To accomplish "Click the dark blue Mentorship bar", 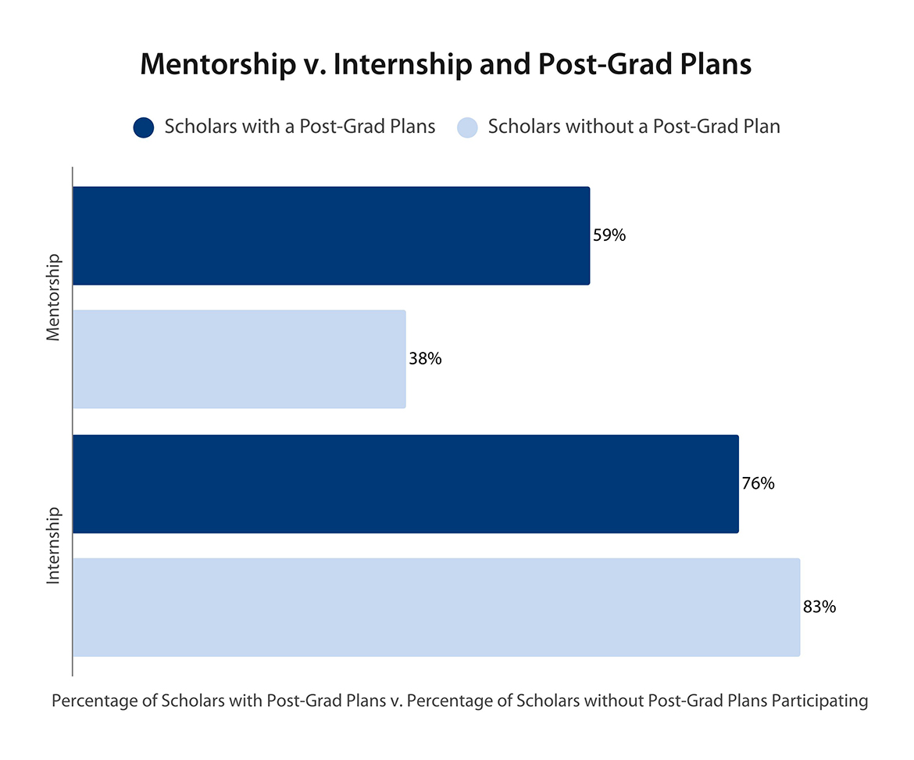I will [331, 235].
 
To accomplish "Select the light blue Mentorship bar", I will [239, 359].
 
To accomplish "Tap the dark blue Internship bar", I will [405, 483].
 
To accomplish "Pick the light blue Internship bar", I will [436, 607].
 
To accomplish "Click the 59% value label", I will [609, 235].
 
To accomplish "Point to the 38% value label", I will [426, 359].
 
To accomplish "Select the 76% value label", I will [758, 483].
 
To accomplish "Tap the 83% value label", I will [819, 607].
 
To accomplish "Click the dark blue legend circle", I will [145, 127].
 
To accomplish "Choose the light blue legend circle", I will [466, 127].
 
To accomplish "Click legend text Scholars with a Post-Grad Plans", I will [300, 127].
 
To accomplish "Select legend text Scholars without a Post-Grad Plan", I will [634, 127].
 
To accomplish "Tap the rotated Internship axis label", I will [53, 545].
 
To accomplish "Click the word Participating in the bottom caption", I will [819, 701].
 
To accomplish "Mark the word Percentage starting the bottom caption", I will [89, 701].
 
